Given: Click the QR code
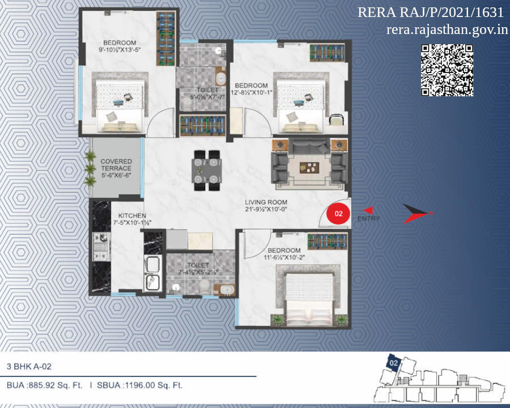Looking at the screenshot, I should [447, 70].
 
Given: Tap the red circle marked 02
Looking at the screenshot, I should [339, 214].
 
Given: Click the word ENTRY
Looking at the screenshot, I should [369, 219].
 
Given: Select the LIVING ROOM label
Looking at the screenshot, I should [266, 202].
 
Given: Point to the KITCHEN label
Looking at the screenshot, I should [132, 216].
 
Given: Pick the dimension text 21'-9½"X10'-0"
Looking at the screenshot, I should [266, 210].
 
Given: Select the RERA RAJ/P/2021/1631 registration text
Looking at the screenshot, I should [431, 12].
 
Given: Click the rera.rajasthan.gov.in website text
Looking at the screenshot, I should [447, 29].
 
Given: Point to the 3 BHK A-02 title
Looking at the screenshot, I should [29, 366].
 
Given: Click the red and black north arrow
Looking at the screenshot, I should [417, 214].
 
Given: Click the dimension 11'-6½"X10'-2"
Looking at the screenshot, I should [284, 258].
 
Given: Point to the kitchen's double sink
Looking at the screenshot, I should [153, 273].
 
